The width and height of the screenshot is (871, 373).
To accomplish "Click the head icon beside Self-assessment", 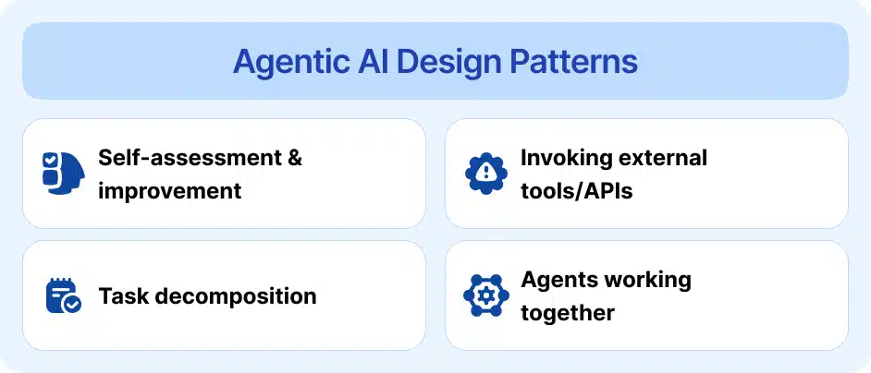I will (63, 173).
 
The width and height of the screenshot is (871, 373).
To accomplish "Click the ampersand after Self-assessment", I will (294, 157).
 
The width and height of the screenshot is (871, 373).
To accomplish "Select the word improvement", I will (169, 191).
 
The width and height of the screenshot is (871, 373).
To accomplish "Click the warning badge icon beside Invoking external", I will (485, 173).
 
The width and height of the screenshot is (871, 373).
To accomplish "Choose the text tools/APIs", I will (576, 191).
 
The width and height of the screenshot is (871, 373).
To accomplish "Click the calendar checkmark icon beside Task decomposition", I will (63, 296).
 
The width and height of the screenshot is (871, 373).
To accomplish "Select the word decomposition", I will (233, 296).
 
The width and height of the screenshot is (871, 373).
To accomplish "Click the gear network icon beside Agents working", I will (485, 296).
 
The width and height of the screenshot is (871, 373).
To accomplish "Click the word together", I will (567, 313).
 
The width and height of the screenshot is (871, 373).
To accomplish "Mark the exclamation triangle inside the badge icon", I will (485, 172).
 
